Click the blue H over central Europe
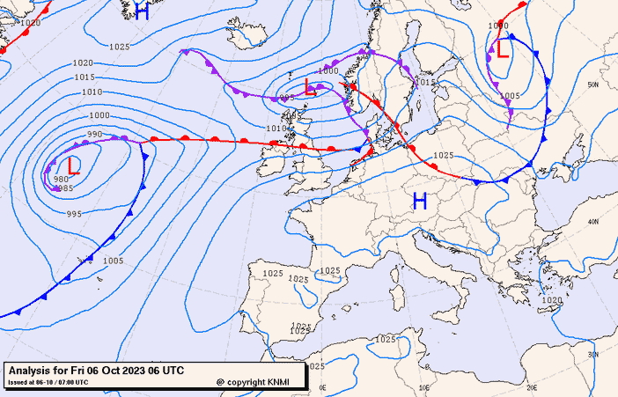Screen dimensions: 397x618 point(420,202)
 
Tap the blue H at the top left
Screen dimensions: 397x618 point(141,11)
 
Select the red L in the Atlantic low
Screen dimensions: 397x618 point(74,165)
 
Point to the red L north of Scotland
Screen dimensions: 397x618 point(310,86)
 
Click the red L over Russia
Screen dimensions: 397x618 point(502,49)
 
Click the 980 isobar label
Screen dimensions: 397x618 point(61,180)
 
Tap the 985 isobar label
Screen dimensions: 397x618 point(66,187)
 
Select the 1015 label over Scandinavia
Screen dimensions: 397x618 point(427,82)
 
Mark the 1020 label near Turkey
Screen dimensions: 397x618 point(551,300)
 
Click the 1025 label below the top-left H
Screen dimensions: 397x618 point(120,47)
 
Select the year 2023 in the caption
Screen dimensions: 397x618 point(121,371)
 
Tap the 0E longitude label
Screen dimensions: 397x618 point(322,387)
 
